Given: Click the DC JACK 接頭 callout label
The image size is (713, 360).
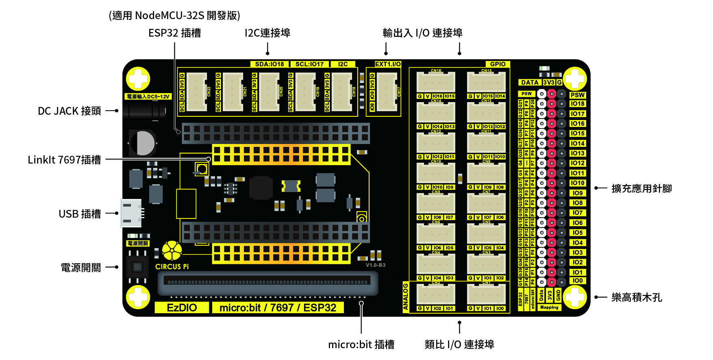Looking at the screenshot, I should click(x=69, y=111).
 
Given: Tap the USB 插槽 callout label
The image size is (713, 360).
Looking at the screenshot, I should click(x=80, y=214).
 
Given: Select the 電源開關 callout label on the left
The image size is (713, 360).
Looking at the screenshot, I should click(x=80, y=268).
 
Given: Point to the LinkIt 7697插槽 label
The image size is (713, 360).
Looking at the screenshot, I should click(x=64, y=160).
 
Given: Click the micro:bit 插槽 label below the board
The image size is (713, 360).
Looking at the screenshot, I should click(x=361, y=345).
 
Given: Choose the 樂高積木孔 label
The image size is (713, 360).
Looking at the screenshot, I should click(x=637, y=297).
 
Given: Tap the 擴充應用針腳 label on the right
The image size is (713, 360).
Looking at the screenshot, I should click(x=641, y=188).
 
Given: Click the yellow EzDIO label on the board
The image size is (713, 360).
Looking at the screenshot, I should click(x=182, y=308).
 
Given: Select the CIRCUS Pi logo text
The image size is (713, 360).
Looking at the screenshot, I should click(x=172, y=267).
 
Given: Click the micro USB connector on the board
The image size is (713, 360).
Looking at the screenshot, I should click(x=131, y=213).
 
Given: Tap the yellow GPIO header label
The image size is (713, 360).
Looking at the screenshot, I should click(x=498, y=64).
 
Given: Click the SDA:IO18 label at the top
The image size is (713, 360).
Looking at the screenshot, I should click(x=270, y=64).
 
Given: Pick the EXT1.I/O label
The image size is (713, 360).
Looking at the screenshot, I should click(x=388, y=64).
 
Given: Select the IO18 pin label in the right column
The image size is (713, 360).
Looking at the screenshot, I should click(x=577, y=104).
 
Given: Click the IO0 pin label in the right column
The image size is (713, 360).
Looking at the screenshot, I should click(x=577, y=281).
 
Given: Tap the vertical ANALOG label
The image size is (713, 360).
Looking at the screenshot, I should click(x=406, y=297).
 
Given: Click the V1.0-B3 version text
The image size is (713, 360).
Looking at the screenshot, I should click(x=376, y=265).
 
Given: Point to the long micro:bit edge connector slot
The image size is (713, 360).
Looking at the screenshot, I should click(x=267, y=282).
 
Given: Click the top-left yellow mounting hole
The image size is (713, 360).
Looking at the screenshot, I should click(x=138, y=79).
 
